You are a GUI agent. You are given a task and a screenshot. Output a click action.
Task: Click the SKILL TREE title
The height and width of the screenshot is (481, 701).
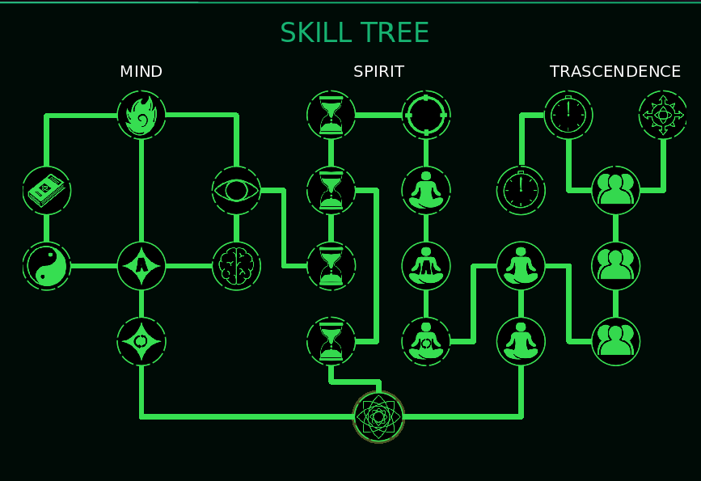coord(354,33)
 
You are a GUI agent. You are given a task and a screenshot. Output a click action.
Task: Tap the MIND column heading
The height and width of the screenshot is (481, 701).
coord(141,72)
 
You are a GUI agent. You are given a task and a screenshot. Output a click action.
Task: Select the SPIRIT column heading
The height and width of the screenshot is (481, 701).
coord(378,72)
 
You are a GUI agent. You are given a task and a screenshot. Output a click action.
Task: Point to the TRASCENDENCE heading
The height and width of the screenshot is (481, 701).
coord(614,72)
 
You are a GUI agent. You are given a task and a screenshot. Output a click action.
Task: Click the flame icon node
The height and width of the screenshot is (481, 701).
coord(141,115)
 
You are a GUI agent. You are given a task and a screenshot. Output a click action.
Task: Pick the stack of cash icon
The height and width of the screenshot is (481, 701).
coord(47,191)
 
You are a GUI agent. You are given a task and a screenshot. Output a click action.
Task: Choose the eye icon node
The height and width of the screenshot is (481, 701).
coord(236,191)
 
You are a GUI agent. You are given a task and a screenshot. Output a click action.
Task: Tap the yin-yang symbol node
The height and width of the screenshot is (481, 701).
coord(47,266)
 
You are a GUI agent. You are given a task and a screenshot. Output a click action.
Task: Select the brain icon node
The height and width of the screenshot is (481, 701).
coord(236,266)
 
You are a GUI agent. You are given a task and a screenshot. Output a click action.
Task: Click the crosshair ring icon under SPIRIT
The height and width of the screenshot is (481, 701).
coord(426,115)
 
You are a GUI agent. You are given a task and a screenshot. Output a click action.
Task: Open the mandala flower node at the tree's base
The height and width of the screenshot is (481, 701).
coord(378,416)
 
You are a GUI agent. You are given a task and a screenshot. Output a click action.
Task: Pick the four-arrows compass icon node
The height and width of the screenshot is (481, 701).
coord(663,115)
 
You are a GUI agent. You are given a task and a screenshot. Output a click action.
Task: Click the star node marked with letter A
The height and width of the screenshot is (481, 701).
coord(141,266)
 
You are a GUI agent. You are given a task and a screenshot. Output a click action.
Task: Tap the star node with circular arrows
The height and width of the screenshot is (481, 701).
coord(141,341)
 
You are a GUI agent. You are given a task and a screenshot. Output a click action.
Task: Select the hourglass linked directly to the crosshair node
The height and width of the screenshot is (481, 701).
coord(331,115)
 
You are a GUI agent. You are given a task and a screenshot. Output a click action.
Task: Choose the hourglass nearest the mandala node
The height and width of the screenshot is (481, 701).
coord(331,341)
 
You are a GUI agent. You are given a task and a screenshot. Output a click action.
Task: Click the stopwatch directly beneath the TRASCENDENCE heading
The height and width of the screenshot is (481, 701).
coord(568,115)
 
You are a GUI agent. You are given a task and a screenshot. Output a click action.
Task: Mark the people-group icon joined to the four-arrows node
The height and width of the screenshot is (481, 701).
coord(615,191)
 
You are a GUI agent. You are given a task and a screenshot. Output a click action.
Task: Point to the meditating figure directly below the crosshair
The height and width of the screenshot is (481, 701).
coord(426,191)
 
